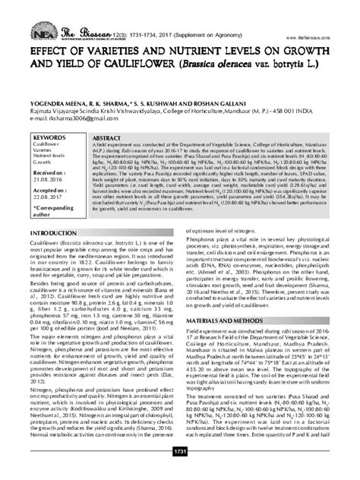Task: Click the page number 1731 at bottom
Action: click(x=180, y=474)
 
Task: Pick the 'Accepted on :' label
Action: click(x=53, y=190)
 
